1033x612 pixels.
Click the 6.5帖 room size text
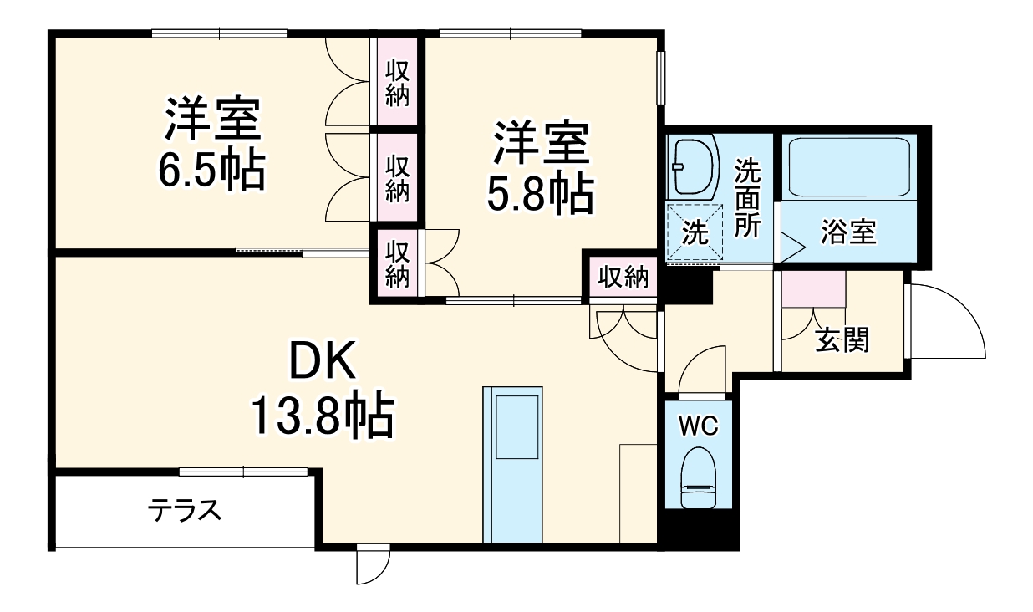(211, 170)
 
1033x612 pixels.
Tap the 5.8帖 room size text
(541, 195)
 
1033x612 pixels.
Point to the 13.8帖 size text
(323, 416)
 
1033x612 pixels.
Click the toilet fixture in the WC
(698, 478)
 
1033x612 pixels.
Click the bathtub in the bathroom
(847, 168)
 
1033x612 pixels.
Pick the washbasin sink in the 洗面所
(695, 165)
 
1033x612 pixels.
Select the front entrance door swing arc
(949, 322)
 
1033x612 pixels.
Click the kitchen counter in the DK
(513, 464)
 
